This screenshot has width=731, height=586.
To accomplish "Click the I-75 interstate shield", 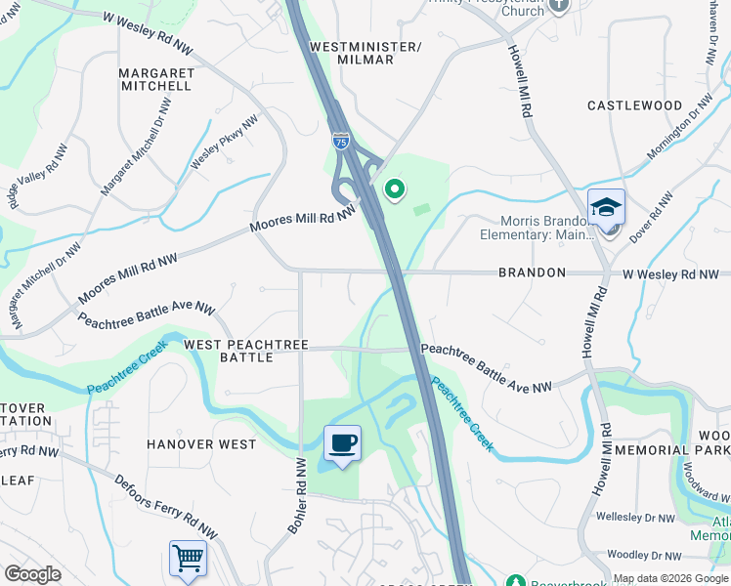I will [340, 140].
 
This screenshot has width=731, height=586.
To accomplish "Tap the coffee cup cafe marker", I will [342, 444].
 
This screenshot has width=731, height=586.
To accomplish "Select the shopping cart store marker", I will [188, 559].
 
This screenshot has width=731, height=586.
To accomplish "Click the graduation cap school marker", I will [606, 207].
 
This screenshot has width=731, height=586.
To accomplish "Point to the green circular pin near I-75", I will [395, 189].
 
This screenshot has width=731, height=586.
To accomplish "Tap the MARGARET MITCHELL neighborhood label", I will [154, 79].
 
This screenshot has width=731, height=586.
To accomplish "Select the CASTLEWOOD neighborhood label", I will [634, 105].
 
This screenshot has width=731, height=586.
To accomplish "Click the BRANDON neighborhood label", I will [532, 272].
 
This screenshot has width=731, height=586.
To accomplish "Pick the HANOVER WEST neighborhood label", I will [201, 444].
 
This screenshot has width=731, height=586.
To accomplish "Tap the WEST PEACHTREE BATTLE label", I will [246, 352].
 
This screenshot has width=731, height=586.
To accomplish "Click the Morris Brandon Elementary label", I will [537, 228].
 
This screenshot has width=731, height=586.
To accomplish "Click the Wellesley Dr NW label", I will [635, 517].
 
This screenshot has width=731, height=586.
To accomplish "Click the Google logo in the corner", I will [33, 574].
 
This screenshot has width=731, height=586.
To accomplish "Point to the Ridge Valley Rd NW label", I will [33, 181].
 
